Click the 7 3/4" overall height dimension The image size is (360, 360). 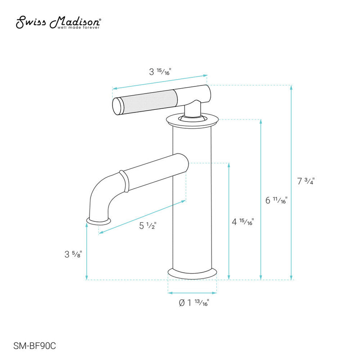tap(306, 181)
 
